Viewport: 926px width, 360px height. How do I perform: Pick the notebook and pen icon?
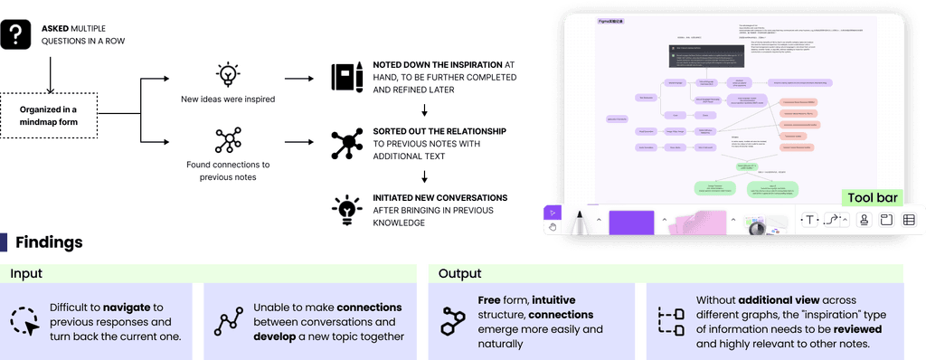342,75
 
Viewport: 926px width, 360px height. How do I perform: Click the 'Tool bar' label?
870,198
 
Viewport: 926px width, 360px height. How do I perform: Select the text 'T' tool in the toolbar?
809,220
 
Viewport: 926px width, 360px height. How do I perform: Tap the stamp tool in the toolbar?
864,220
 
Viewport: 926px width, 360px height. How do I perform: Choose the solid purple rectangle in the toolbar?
631,223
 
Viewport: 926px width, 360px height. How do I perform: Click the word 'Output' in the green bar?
459,272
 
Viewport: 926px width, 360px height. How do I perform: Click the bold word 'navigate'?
127,308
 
